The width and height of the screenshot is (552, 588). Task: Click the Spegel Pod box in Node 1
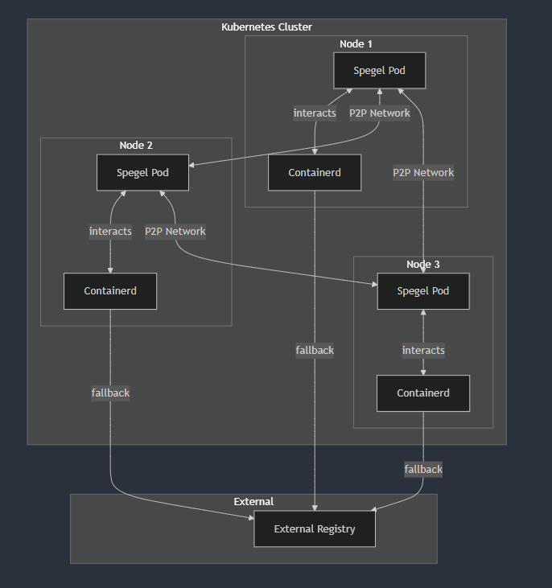(x=379, y=70)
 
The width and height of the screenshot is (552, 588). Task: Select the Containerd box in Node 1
(x=315, y=172)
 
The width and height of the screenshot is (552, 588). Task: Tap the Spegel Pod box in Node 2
(x=142, y=172)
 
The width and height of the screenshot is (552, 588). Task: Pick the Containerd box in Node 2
(x=110, y=290)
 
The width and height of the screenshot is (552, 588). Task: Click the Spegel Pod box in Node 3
(x=423, y=290)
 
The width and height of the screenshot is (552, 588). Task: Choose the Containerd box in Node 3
(x=423, y=393)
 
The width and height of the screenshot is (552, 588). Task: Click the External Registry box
(x=315, y=528)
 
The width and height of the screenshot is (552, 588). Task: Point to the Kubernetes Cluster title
(x=266, y=27)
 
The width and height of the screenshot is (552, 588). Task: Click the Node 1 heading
(x=356, y=43)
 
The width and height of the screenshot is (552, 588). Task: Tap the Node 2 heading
(x=136, y=145)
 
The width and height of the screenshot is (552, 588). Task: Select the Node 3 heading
(x=423, y=264)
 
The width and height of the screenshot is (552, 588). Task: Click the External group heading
(x=253, y=501)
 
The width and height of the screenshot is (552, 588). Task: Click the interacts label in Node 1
(x=315, y=113)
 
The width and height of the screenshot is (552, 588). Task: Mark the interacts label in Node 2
(x=110, y=231)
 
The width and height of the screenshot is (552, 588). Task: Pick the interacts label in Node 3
(x=423, y=350)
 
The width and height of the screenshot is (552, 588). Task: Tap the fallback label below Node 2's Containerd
(x=110, y=393)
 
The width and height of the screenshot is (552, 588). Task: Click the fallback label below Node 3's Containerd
(x=423, y=469)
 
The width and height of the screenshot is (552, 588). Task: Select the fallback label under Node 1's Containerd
(x=315, y=350)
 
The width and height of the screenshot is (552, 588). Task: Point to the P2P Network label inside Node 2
(x=175, y=231)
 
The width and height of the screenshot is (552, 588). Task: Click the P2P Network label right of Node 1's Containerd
(x=423, y=172)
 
